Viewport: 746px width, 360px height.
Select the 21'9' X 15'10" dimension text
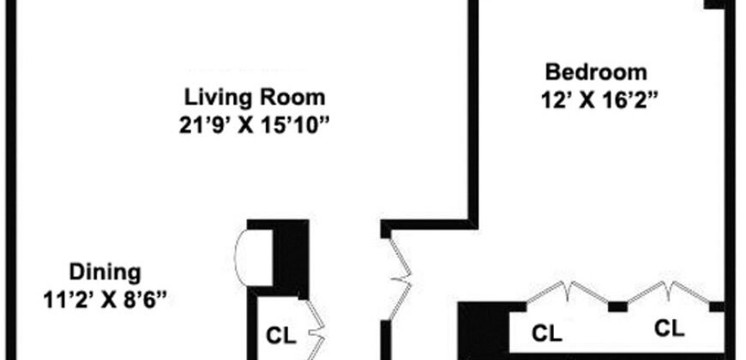click(x=250, y=123)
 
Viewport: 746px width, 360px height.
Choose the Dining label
click(x=105, y=273)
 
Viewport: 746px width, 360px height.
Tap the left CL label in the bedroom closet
click(x=546, y=331)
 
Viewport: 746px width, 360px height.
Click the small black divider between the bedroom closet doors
click(x=617, y=306)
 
